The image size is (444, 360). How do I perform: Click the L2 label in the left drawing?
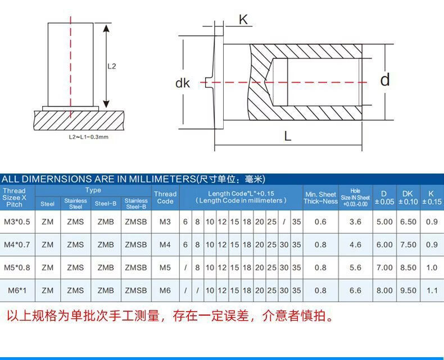point(111,66)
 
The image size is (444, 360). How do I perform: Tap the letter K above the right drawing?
point(243,20)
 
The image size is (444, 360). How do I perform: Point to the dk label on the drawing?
point(183,83)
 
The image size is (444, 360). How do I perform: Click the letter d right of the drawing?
point(384,80)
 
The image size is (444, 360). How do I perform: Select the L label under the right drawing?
point(288,136)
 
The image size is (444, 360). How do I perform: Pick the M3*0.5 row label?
point(17,222)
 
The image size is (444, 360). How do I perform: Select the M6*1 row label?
point(17,290)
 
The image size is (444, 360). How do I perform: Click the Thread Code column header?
point(165,197)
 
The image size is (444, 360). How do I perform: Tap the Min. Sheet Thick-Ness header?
point(320,198)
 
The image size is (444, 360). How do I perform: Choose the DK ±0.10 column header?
point(408,197)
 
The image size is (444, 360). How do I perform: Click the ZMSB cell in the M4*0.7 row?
point(135,245)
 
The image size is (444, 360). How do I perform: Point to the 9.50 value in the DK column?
point(408,290)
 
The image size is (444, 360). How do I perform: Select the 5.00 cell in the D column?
point(384,222)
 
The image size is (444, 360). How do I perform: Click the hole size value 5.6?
point(355,268)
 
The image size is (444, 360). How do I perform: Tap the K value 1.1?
point(432,290)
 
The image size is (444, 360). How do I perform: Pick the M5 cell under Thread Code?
point(165,268)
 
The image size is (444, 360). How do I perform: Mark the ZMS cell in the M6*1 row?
point(75,290)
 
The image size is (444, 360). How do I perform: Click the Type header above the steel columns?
point(93,190)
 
